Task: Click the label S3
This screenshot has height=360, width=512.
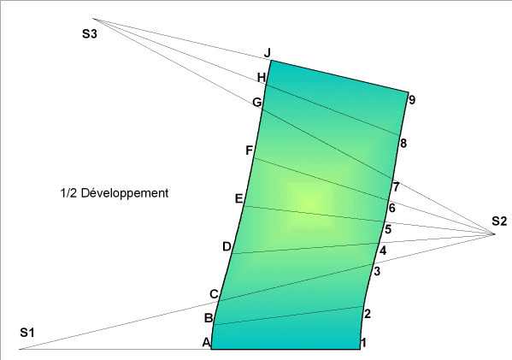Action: (x=90, y=33)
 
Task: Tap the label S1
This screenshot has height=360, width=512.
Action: (x=27, y=333)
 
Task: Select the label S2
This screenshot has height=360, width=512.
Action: (x=499, y=221)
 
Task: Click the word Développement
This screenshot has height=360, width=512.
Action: (x=125, y=193)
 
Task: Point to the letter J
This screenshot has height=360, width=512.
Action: (x=268, y=53)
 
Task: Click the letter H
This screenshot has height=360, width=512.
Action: (x=262, y=78)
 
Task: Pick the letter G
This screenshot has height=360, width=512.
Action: (x=257, y=103)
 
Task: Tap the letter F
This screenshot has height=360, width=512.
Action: (x=249, y=150)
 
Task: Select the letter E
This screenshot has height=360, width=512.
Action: (x=239, y=198)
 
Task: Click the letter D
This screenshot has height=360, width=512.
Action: (x=227, y=246)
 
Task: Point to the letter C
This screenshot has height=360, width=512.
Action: (x=214, y=294)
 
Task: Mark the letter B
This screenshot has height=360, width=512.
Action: (x=209, y=318)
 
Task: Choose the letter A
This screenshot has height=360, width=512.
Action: (x=206, y=342)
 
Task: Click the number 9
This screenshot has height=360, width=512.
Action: (x=412, y=100)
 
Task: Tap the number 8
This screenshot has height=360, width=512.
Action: (x=403, y=143)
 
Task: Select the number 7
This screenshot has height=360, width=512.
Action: (x=396, y=187)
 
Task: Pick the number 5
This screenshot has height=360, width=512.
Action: (x=388, y=229)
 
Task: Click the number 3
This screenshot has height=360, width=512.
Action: (x=377, y=271)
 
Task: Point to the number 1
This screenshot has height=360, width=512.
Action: (x=363, y=342)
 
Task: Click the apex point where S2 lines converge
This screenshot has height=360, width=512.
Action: (x=494, y=234)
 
